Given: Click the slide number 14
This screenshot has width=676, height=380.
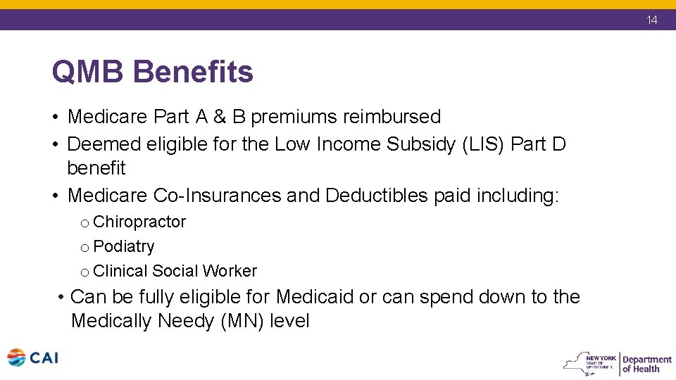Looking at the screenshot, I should [652, 20].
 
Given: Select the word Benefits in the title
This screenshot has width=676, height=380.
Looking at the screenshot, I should [193, 72].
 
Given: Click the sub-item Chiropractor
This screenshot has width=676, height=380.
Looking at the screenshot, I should [139, 222].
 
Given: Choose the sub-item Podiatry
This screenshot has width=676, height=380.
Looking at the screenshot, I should [123, 247].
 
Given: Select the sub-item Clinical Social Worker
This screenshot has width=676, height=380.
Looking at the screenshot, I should [175, 272].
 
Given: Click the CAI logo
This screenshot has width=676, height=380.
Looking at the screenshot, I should [32, 358].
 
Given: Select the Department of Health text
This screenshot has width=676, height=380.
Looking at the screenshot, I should [646, 364].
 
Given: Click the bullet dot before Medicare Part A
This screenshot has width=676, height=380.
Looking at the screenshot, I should [56, 117].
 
